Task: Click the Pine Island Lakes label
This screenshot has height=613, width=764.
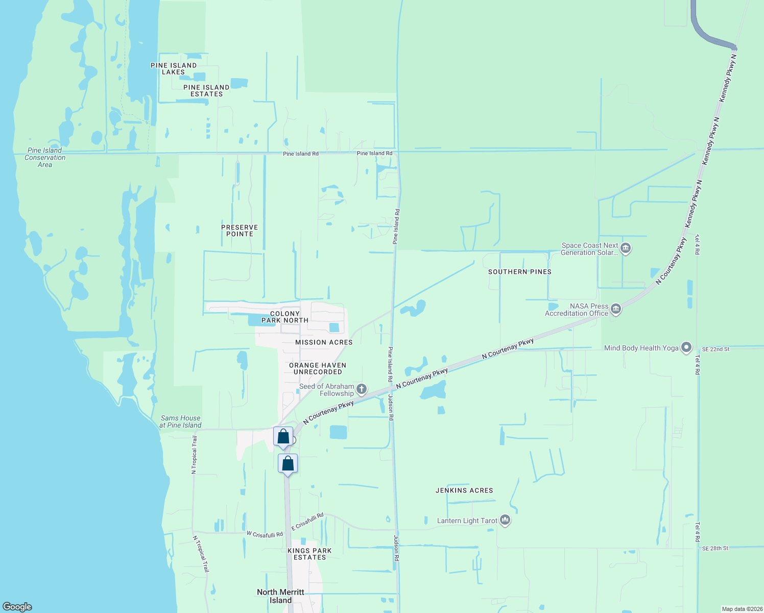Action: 174,68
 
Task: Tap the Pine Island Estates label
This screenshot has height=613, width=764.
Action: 206,90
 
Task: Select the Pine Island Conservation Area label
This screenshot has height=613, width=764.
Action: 45,157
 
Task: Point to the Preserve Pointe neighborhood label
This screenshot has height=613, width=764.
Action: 240,230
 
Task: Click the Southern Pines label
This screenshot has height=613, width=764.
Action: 520,272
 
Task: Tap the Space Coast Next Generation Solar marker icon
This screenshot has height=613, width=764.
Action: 626,249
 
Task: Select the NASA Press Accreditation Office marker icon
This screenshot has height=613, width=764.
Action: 616,310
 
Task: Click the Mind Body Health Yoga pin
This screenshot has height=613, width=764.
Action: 686,348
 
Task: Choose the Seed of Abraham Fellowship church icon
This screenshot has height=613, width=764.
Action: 362,390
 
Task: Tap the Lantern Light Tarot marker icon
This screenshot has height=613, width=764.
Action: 505,521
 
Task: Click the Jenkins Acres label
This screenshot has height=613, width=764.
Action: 464,490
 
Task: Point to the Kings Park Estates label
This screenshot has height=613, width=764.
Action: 309,554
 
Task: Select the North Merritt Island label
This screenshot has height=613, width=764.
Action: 280,596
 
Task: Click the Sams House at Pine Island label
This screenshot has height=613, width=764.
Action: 180,421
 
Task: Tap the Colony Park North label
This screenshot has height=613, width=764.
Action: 285,317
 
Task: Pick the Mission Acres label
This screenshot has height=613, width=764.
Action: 324,342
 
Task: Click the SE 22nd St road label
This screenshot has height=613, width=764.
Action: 715,349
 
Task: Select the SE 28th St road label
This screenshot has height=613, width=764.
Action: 715,548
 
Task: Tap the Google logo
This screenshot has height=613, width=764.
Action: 17,607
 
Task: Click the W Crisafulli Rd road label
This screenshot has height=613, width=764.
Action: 265,534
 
